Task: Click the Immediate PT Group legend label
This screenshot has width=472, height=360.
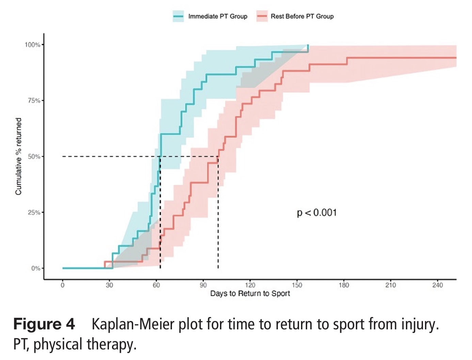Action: tap(218, 16)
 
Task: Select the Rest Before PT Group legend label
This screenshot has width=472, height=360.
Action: tap(302, 16)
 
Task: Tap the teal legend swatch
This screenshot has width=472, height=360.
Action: tap(178, 16)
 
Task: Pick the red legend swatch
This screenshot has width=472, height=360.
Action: tap(262, 16)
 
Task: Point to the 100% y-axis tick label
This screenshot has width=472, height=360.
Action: tap(32, 45)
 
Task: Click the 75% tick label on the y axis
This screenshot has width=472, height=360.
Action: tap(34, 100)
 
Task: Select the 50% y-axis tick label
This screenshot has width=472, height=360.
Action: tap(34, 157)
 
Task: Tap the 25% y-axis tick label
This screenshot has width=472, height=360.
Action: tap(34, 212)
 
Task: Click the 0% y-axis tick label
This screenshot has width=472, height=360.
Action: tap(35, 268)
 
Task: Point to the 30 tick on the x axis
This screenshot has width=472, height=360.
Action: tap(109, 285)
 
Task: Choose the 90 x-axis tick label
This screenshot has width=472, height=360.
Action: tap(203, 285)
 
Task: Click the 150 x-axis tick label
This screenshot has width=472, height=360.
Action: tap(297, 285)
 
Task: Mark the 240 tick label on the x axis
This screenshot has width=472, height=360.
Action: tap(437, 285)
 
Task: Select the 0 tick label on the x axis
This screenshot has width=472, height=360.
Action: tap(63, 285)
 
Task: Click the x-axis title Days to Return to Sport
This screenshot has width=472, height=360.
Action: tap(250, 294)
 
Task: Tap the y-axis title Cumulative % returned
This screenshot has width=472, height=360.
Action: tap(18, 157)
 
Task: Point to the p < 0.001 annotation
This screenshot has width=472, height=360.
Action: tap(317, 213)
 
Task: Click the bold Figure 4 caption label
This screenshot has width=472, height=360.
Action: tap(44, 324)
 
